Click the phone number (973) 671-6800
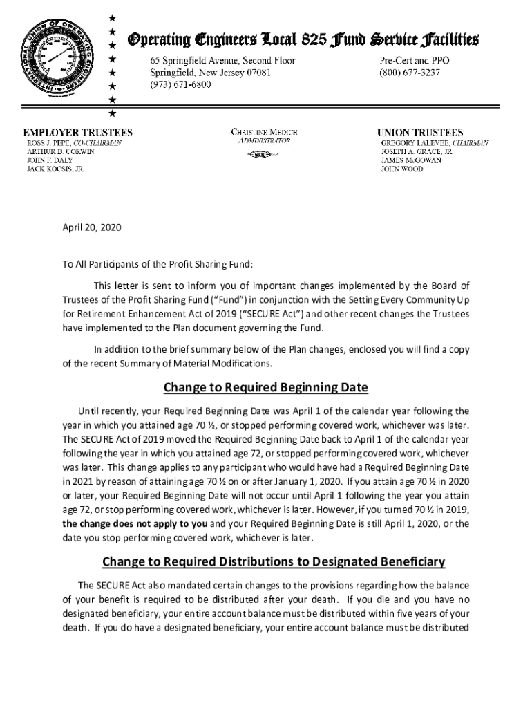[181, 84]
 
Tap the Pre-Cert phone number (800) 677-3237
[409, 73]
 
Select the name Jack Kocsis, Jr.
[56, 169]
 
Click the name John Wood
[403, 169]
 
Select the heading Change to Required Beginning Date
[266, 386]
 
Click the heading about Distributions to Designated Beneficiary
[274, 561]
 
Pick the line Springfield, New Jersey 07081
[211, 73]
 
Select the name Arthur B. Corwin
[61, 151]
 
